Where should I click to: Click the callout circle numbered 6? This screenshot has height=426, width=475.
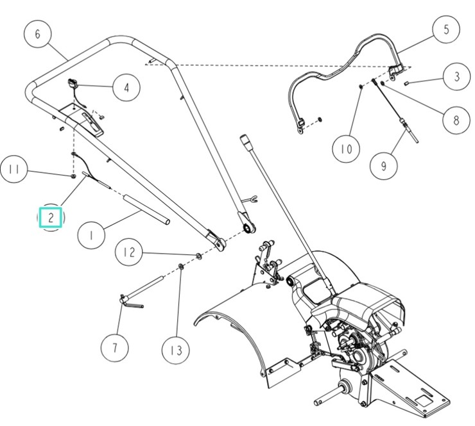(38, 34)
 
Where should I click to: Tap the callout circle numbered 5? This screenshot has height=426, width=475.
(445, 29)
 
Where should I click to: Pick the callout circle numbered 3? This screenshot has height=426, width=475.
(456, 77)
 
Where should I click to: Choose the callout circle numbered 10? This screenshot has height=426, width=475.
(346, 149)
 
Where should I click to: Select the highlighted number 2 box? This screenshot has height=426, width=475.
(51, 218)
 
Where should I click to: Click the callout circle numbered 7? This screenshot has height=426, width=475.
(115, 348)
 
